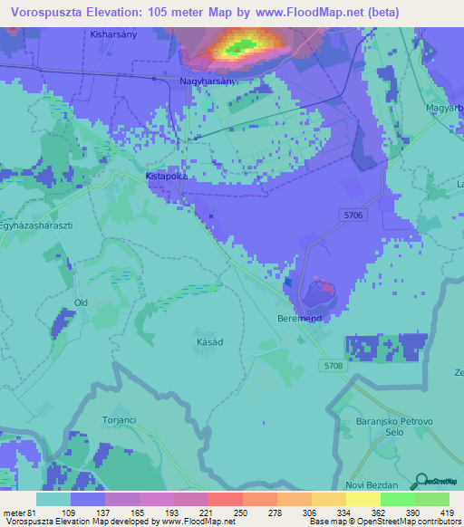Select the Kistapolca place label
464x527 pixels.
tap(167, 177)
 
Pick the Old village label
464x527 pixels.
tap(82, 302)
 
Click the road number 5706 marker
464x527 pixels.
tap(354, 215)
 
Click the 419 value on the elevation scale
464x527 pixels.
tap(447, 513)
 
